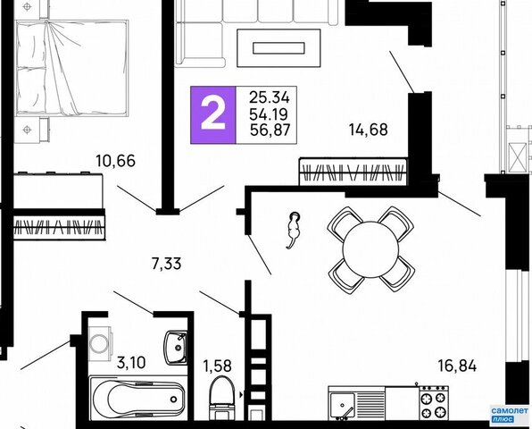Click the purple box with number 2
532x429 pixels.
[x=213, y=115]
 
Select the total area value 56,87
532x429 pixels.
[x=270, y=130]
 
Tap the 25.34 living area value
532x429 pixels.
[x=270, y=97]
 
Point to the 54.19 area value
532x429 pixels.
[x=269, y=114]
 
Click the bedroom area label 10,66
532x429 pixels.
[x=116, y=161]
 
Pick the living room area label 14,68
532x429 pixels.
[x=369, y=130]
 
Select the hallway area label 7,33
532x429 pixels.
[x=167, y=264]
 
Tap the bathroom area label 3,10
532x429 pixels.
[x=131, y=363]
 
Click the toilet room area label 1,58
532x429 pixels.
[x=217, y=366]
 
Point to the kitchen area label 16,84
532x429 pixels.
[x=457, y=366]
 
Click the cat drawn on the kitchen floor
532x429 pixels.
[x=293, y=230]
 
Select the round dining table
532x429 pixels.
[x=370, y=249]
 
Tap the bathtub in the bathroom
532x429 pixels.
[x=138, y=398]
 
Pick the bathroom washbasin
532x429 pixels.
[x=176, y=347]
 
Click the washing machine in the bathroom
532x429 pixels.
[x=101, y=343]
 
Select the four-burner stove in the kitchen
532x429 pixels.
[x=434, y=403]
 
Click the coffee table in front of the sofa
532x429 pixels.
[x=278, y=48]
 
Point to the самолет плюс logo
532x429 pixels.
[x=510, y=415]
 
